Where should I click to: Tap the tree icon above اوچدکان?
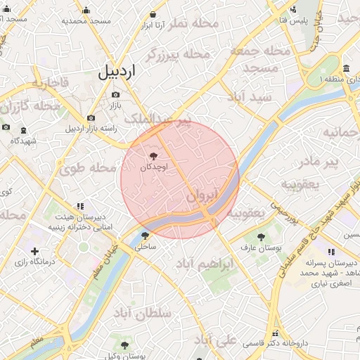click(x=153, y=156)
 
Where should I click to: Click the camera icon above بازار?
click(x=115, y=94)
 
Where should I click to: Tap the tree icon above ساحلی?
click(x=145, y=236)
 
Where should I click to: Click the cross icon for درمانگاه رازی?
click(x=35, y=251)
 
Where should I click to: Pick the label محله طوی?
click(x=87, y=169)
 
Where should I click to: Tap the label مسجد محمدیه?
click(x=86, y=21)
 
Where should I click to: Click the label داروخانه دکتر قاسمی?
click(x=275, y=344)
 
